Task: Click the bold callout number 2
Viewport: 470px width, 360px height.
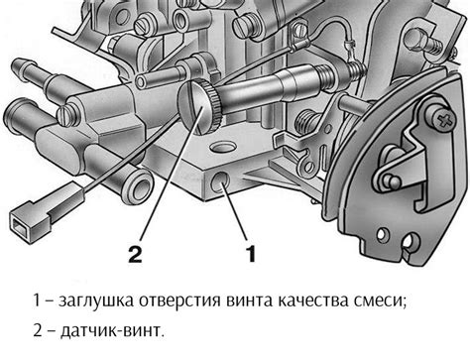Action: point(135,254)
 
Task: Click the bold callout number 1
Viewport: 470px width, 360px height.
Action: point(251,254)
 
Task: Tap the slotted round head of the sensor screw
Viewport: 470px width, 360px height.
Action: point(193,108)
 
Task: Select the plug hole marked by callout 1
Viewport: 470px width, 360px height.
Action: point(220,181)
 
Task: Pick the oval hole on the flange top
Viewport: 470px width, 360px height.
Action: point(223,147)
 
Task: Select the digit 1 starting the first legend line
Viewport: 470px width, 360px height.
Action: point(37,300)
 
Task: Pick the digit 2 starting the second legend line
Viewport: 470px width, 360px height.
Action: point(38,330)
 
